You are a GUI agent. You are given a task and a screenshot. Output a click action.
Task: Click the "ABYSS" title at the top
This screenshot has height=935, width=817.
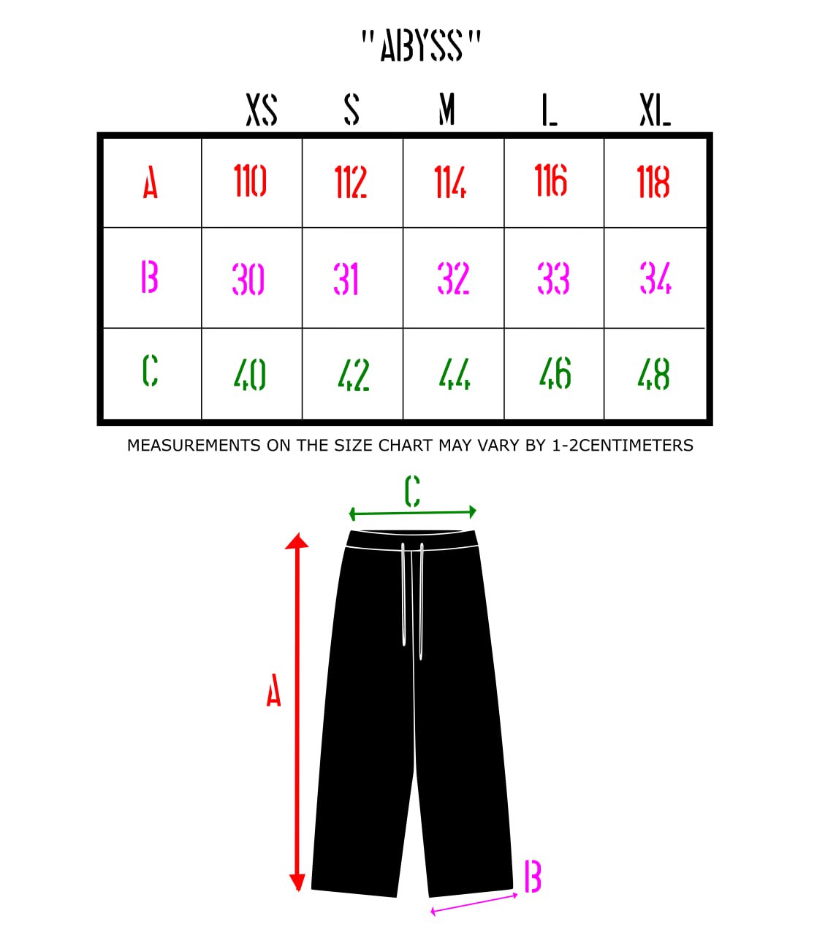point(421,46)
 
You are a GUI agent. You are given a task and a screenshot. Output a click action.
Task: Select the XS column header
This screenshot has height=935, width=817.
point(262,110)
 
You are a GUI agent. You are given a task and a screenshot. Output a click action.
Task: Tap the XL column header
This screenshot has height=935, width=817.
point(655,110)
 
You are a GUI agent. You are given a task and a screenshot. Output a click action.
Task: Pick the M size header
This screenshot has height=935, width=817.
point(446,110)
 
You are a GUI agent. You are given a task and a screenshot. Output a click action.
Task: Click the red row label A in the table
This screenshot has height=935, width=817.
point(151,183)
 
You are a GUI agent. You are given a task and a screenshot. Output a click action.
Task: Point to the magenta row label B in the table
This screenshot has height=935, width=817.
point(150,276)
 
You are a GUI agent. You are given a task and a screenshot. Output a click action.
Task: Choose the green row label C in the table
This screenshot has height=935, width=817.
point(151,370)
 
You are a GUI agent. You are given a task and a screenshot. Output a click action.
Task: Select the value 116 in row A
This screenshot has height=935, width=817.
point(551,180)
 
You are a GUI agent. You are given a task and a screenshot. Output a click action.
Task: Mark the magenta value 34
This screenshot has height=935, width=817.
point(655,278)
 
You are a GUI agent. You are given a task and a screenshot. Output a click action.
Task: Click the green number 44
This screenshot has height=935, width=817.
point(455,374)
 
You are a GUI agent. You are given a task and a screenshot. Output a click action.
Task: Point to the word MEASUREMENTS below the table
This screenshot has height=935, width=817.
point(194,445)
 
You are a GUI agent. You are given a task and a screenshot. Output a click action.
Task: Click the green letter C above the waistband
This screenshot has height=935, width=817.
point(412,491)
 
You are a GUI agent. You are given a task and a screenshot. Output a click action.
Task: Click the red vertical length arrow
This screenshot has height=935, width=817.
point(297,711)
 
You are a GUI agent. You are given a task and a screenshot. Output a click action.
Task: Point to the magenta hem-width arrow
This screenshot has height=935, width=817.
point(474,903)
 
